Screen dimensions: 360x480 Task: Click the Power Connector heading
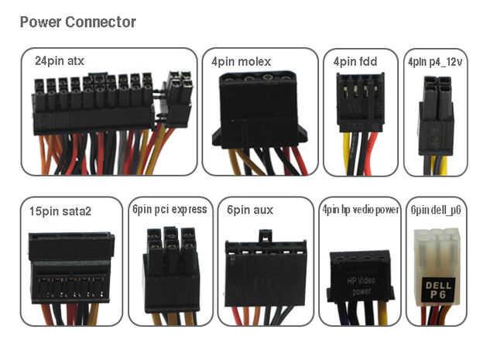point(77,22)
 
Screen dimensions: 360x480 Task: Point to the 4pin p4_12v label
point(438,60)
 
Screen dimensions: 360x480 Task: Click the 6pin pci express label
point(170,209)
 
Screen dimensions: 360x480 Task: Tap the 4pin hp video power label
point(360,209)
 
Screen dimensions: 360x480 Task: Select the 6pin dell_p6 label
point(438,209)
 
